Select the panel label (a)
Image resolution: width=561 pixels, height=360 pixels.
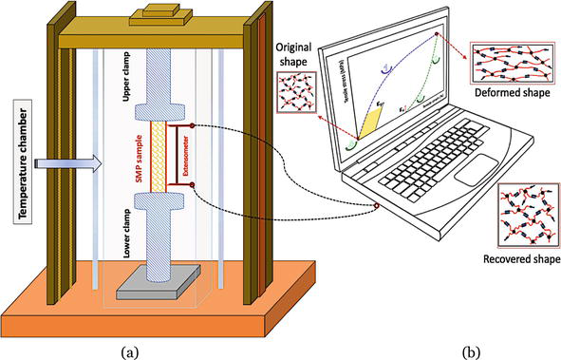131,351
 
